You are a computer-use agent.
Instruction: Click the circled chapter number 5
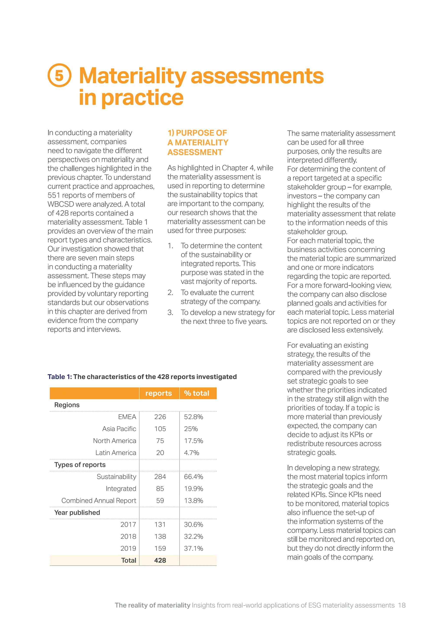[59, 75]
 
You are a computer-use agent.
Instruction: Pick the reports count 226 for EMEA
[160, 417]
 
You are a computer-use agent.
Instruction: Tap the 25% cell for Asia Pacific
[191, 429]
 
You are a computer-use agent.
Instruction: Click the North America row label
[114, 441]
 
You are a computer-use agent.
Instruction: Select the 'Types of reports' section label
[80, 465]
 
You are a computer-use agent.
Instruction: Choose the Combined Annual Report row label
[99, 501]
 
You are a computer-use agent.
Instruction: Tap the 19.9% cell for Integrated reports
[193, 489]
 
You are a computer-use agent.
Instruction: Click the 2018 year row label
[128, 537]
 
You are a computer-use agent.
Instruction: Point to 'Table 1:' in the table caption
[60, 377]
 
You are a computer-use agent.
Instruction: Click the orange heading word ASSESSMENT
[195, 152]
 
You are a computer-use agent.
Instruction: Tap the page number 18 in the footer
[402, 605]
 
